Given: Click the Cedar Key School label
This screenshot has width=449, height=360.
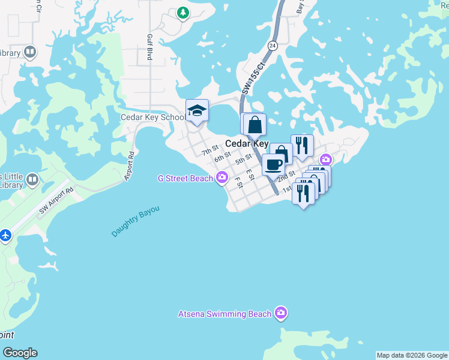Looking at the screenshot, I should (x=152, y=118).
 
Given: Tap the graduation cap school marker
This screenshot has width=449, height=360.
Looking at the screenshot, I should (x=197, y=110).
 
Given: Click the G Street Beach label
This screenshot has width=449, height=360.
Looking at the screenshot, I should (x=185, y=178).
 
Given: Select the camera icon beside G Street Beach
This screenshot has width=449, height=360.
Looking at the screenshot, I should (x=222, y=176).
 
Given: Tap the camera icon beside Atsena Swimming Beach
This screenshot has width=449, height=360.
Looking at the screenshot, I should (x=280, y=313).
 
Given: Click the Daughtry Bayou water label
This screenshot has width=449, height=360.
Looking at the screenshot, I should (x=136, y=223).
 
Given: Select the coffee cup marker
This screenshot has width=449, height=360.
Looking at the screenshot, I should (x=273, y=164).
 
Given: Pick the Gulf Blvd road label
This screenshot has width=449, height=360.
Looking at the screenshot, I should (x=148, y=47).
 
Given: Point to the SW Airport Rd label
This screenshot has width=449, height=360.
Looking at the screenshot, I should (x=56, y=199).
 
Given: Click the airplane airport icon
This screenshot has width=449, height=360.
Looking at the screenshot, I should (x=6, y=235).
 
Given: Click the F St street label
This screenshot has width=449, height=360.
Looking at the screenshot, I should (x=238, y=182).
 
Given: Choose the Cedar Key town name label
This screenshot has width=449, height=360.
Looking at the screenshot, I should (x=247, y=144).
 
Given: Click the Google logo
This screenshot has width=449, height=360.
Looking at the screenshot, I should (x=20, y=353).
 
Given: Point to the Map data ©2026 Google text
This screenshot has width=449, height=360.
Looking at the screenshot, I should (x=412, y=355).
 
